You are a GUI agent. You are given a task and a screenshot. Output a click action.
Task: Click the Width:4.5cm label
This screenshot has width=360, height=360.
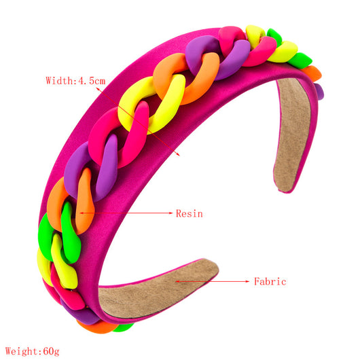tap(75, 81)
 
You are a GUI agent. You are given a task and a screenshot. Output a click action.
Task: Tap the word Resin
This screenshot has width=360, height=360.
tap(190, 213)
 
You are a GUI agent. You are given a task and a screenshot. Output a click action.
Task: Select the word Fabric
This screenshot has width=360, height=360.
tap(270, 281)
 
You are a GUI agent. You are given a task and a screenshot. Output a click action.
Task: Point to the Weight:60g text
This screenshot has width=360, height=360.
tap(33, 351)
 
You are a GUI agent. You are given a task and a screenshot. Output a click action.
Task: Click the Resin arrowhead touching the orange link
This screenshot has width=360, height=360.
tap(82, 213)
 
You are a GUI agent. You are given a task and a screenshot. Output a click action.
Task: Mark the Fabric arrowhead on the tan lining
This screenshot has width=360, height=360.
tap(177, 281)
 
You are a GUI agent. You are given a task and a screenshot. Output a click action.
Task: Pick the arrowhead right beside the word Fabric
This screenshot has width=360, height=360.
tap(247, 281)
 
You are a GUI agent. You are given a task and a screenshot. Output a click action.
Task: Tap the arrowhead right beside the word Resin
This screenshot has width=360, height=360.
tap(170, 213)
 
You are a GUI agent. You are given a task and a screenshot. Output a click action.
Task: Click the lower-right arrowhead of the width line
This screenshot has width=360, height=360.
tap(178, 154)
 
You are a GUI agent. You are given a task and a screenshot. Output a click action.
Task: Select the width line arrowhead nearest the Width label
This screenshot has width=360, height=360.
tap(98, 89)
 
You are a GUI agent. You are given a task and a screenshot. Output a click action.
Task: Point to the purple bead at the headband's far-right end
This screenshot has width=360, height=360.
tap(319, 92)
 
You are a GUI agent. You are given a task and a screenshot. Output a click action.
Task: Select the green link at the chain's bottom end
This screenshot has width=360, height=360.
tap(124, 327)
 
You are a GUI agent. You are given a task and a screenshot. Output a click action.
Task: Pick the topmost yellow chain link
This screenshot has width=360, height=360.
tap(255, 35)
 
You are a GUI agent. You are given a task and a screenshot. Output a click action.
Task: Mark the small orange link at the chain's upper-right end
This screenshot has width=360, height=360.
tap(312, 73)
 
